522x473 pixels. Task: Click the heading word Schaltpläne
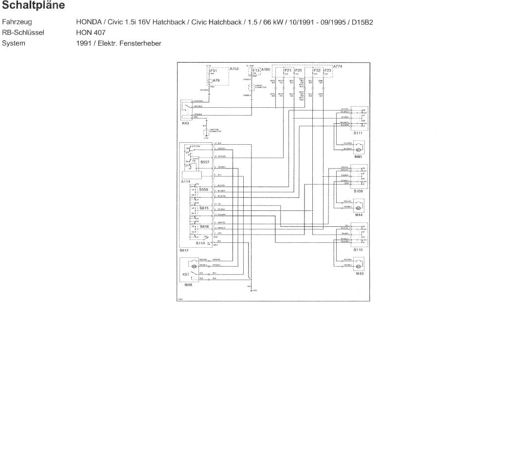(x=34, y=6)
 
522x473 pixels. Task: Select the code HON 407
(x=90, y=33)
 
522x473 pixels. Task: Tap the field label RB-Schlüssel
(x=23, y=33)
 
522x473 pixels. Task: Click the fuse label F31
(x=214, y=70)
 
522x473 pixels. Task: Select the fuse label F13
(x=256, y=70)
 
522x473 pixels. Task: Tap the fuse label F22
(x=317, y=70)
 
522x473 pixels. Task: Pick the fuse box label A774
(x=338, y=66)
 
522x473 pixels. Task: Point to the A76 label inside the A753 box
(x=216, y=80)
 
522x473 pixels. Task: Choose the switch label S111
(x=358, y=133)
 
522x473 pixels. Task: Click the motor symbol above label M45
(x=359, y=147)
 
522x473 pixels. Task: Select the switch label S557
(x=204, y=162)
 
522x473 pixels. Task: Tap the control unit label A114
(x=185, y=182)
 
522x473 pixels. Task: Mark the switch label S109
(x=358, y=191)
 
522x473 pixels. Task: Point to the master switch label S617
(x=183, y=250)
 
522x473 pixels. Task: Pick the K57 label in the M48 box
(x=185, y=275)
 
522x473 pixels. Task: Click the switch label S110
(x=358, y=249)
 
